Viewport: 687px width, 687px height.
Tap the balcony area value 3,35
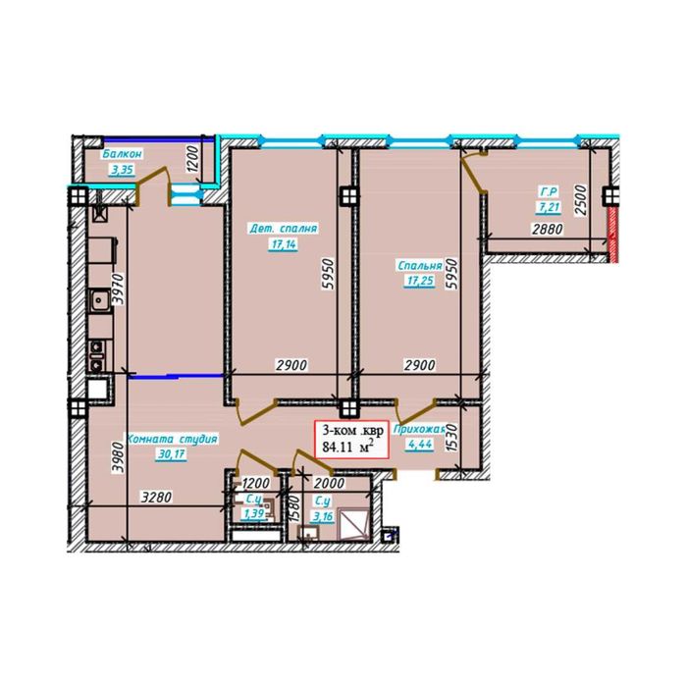point(123,170)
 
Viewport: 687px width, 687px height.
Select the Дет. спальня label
point(283,229)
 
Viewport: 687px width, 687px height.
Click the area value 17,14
point(284,244)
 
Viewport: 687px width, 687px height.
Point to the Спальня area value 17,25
point(419,281)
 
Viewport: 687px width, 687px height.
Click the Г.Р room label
point(548,191)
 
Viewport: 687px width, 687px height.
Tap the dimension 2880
point(548,229)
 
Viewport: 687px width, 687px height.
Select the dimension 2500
point(580,200)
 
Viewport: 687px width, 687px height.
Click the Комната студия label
point(172,439)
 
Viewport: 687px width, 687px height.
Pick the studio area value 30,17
point(172,454)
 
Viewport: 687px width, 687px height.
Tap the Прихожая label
point(419,429)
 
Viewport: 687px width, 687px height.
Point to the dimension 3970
point(119,289)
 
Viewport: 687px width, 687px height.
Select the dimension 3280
point(156,498)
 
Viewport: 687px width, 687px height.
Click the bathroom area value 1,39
point(254,513)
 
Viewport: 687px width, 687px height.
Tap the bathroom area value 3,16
point(323,517)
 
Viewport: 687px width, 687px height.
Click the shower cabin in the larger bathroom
point(354,524)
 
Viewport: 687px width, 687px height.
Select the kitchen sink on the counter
point(100,300)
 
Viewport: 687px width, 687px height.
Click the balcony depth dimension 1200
point(192,159)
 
